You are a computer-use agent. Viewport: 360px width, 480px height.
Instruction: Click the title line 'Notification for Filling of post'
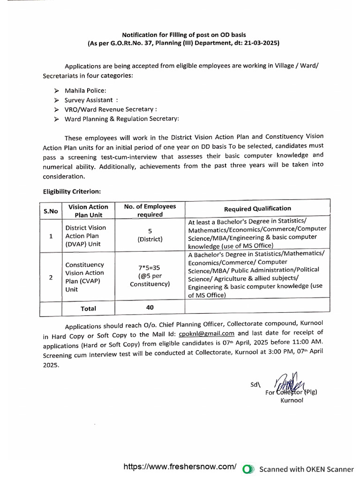point(184,35)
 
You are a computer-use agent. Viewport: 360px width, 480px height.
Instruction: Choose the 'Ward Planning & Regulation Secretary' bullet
point(121,119)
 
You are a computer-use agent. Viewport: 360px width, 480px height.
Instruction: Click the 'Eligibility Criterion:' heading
point(72,191)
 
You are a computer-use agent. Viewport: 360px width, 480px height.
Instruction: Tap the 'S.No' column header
point(51,211)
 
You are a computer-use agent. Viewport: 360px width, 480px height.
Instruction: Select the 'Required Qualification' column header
point(257,209)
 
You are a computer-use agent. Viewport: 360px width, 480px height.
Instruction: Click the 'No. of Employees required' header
point(150,210)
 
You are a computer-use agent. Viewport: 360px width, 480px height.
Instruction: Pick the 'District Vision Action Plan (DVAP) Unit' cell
point(86,236)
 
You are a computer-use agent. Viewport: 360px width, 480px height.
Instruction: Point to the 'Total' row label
point(88,308)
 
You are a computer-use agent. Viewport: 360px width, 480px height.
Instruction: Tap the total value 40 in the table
point(150,307)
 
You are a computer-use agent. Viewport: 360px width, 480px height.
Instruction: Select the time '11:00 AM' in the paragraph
point(307,343)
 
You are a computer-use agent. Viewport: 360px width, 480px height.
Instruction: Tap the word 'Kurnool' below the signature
point(292,400)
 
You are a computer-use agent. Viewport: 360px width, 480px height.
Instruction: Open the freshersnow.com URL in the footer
point(180,467)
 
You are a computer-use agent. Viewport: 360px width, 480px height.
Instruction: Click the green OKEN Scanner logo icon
point(248,469)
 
